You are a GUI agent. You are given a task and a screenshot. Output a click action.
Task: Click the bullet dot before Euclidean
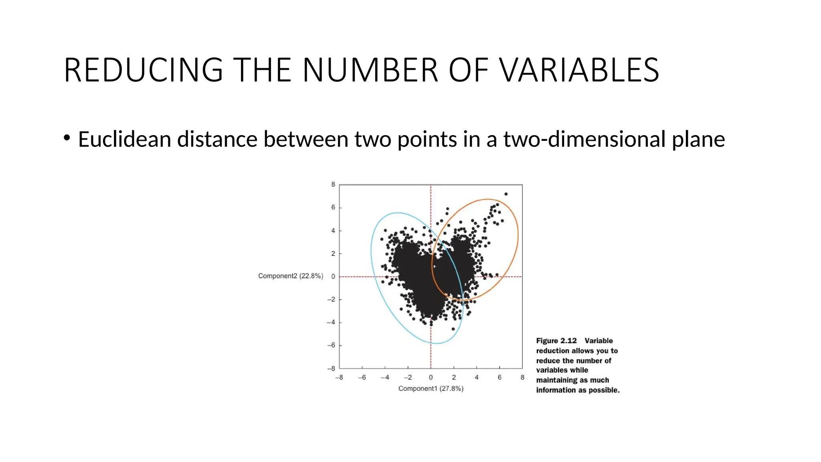[67, 138]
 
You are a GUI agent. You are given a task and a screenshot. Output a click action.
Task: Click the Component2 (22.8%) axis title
[290, 276]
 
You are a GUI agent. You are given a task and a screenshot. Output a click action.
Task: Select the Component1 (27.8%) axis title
[431, 388]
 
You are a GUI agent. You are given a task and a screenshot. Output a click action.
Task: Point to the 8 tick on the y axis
[333, 184]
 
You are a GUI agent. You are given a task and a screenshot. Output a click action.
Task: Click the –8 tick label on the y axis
[331, 368]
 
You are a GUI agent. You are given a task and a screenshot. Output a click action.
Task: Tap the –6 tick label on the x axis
[362, 377]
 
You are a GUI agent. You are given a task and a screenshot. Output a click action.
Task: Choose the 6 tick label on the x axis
[499, 377]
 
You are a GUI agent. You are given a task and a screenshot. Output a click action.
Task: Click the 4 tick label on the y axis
[333, 231]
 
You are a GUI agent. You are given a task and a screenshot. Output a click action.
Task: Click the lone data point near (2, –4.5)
[453, 329]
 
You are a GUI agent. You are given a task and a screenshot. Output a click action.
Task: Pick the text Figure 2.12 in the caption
[556, 340]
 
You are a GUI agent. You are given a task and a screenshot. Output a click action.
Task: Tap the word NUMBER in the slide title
[370, 70]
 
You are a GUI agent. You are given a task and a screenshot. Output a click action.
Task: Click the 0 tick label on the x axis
[431, 377]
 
